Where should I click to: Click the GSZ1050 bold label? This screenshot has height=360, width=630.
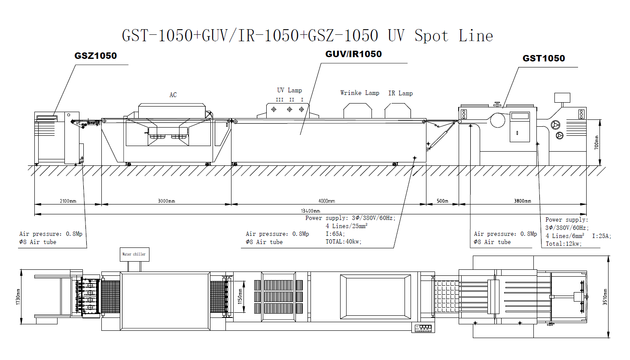click(x=96, y=56)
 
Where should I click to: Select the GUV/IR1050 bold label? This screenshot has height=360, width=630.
click(x=353, y=54)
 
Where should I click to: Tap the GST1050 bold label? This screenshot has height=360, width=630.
click(x=544, y=58)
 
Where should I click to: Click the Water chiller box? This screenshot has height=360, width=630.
click(x=134, y=254)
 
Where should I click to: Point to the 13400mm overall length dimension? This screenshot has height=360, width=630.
click(x=310, y=211)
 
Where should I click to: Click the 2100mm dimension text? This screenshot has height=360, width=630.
click(x=68, y=201)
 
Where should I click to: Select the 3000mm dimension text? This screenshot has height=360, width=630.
click(x=166, y=201)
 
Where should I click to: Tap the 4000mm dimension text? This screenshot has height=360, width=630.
click(x=326, y=201)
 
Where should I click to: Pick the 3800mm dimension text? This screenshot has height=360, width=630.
click(x=523, y=201)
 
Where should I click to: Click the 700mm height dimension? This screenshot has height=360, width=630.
click(x=597, y=143)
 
